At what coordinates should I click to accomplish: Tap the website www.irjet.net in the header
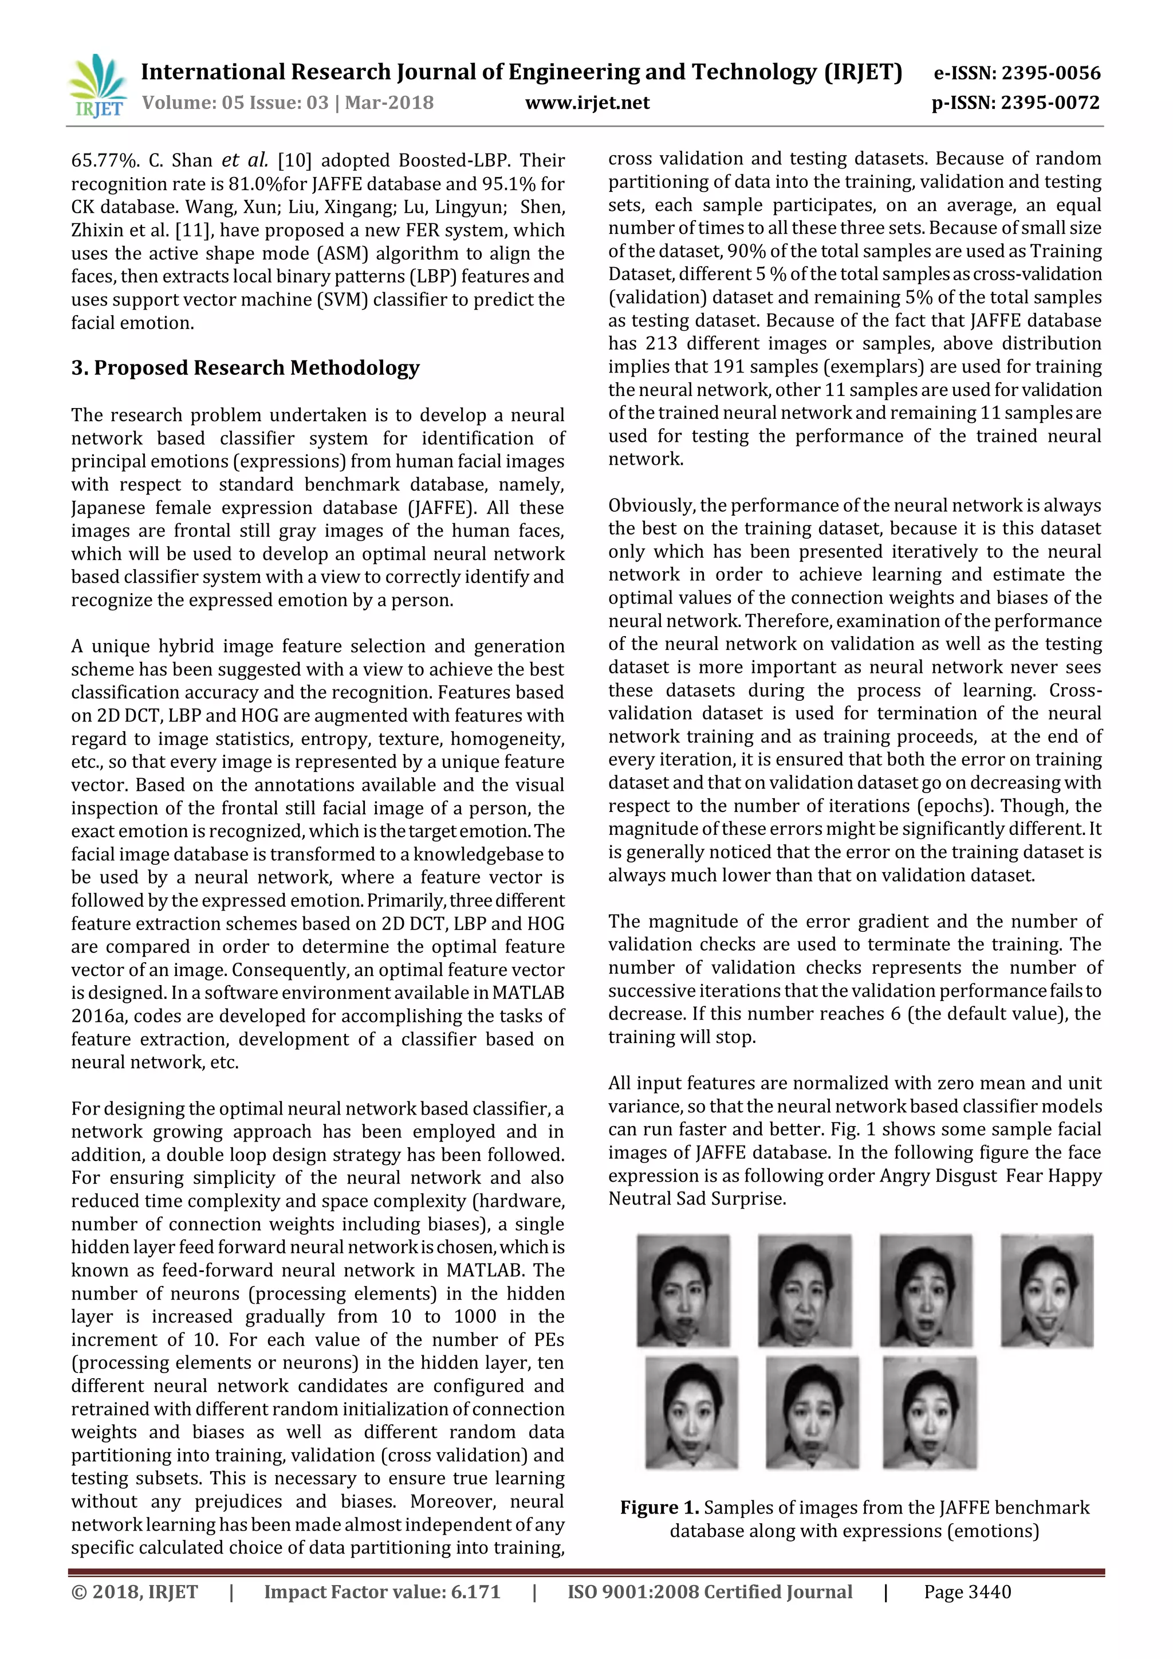[587, 103]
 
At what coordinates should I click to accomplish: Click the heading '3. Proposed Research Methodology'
[245, 368]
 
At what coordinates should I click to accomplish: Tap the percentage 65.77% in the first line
[101, 160]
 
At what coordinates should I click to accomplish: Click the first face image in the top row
[683, 1291]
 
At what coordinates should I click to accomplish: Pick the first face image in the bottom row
[691, 1413]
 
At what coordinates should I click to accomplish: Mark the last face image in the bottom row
[930, 1413]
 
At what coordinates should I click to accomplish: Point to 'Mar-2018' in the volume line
[389, 103]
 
